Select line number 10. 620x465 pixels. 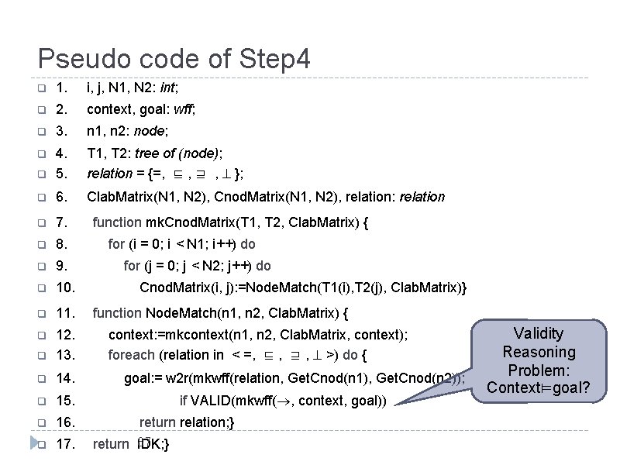click(x=66, y=288)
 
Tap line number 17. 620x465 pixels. click(x=66, y=444)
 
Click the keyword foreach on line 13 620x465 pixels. click(x=131, y=355)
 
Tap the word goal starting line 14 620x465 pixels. click(x=139, y=378)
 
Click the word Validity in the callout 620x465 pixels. click(x=539, y=333)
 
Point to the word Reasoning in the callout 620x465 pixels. click(x=539, y=351)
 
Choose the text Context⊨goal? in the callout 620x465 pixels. click(x=539, y=387)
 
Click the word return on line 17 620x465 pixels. click(x=111, y=444)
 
